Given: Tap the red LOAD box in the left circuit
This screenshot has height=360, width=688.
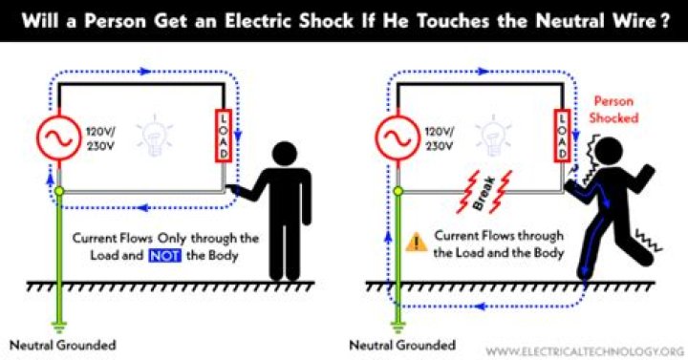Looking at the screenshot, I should [x=223, y=136].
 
